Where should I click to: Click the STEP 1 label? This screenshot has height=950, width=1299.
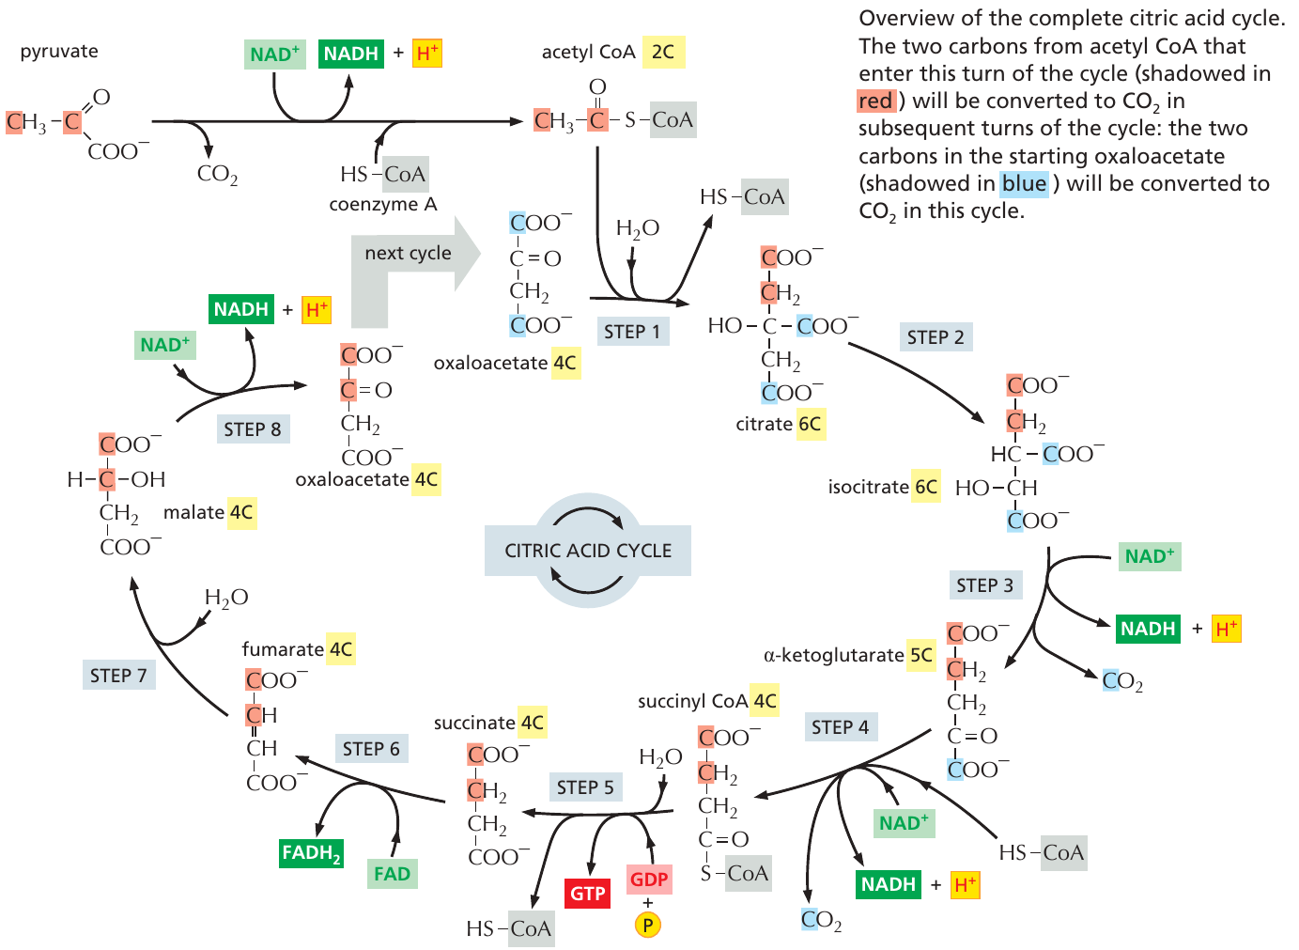[631, 331]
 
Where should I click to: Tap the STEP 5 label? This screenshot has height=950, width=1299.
[584, 787]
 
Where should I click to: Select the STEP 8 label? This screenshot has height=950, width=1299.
[252, 429]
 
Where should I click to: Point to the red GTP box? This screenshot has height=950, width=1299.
[588, 893]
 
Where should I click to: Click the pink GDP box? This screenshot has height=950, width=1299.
[649, 880]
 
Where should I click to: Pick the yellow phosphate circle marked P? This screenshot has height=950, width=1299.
[648, 926]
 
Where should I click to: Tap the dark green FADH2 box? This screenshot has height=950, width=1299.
[311, 853]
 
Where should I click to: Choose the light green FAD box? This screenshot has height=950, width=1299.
[392, 874]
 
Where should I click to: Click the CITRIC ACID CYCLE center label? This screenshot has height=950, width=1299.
[588, 551]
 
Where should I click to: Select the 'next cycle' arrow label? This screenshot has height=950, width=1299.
[408, 253]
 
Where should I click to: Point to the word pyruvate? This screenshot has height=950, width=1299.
[59, 51]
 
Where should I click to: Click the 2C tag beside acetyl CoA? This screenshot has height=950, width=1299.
[663, 52]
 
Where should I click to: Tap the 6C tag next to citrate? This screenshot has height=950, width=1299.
[810, 424]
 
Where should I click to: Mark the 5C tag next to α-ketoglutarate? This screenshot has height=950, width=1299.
[921, 655]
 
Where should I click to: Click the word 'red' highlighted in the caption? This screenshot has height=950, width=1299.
[875, 101]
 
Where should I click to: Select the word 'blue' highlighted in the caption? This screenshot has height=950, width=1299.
[1024, 183]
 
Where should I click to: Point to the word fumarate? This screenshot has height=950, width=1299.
[283, 649]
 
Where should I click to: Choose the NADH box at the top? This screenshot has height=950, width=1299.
[350, 54]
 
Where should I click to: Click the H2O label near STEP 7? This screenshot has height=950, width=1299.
[226, 598]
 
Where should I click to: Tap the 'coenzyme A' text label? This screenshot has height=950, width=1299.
[383, 204]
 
